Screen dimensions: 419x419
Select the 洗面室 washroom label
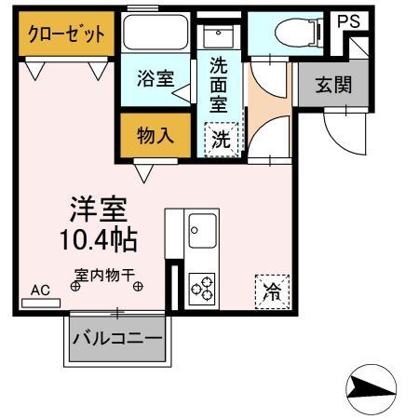[220, 85]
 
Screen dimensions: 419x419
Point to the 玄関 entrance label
[331, 86]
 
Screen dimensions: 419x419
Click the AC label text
[40, 290]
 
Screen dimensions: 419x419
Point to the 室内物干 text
[105, 275]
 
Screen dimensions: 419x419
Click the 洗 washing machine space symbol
[221, 141]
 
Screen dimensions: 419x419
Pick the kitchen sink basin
[201, 227]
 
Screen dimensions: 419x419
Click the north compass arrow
[372, 388]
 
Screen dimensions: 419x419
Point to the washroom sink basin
[220, 41]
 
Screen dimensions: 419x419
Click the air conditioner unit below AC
[40, 303]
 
